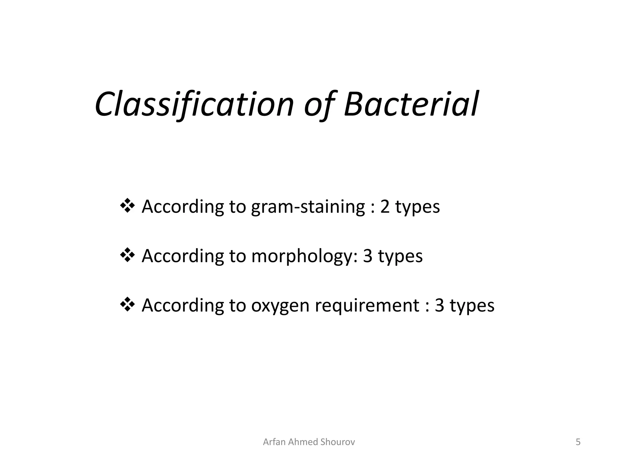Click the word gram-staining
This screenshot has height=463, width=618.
[x=308, y=207]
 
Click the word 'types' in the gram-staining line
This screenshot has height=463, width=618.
[x=418, y=207]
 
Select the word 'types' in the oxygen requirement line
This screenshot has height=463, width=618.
[x=472, y=306]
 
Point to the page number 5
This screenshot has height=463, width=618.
[x=578, y=442]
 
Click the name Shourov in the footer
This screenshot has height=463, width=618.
[x=337, y=442]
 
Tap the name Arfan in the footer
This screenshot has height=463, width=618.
[x=274, y=442]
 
